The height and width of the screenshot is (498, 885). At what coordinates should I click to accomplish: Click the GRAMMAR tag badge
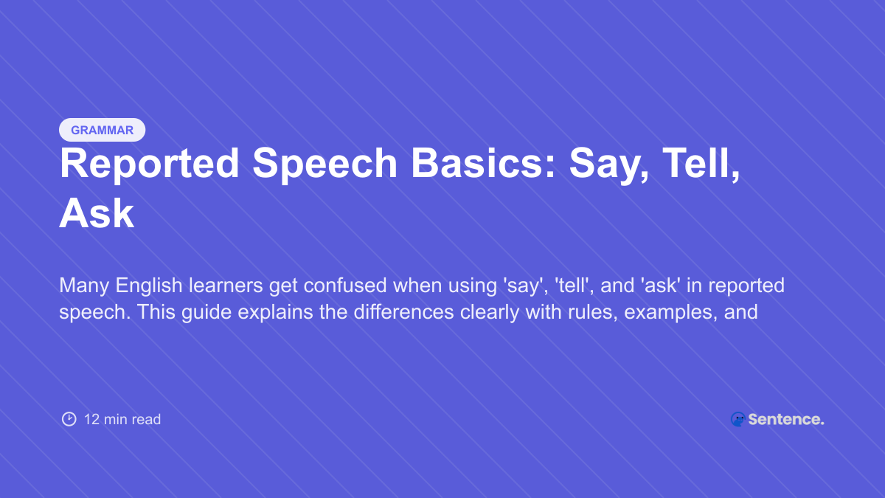102,130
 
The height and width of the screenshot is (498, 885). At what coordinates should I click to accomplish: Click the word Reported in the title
150,164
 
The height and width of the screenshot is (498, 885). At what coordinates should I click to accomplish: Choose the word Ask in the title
97,214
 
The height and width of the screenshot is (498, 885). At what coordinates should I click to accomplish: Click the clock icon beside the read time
69,419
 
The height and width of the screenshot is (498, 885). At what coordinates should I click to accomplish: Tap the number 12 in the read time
91,419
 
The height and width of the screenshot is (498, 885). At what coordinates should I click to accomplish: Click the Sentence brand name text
785,419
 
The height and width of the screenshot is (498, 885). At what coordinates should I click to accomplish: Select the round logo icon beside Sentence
737,419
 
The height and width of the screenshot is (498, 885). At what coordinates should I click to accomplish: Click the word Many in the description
83,286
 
